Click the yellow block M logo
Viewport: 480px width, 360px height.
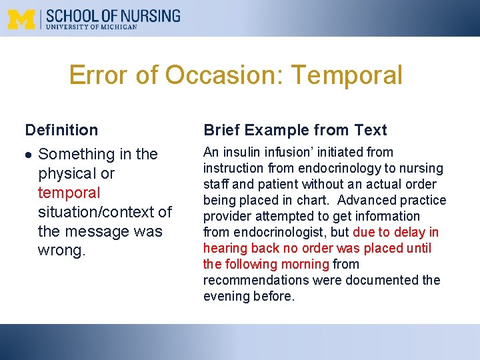point(22,19)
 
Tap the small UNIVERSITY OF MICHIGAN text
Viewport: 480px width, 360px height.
point(91,27)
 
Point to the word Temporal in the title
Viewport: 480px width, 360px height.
point(347,75)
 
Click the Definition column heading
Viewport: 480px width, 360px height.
point(61,130)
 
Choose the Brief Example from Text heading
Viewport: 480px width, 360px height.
point(295,130)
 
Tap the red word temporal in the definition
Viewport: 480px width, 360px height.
point(69,193)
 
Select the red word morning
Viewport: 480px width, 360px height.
point(303,264)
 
